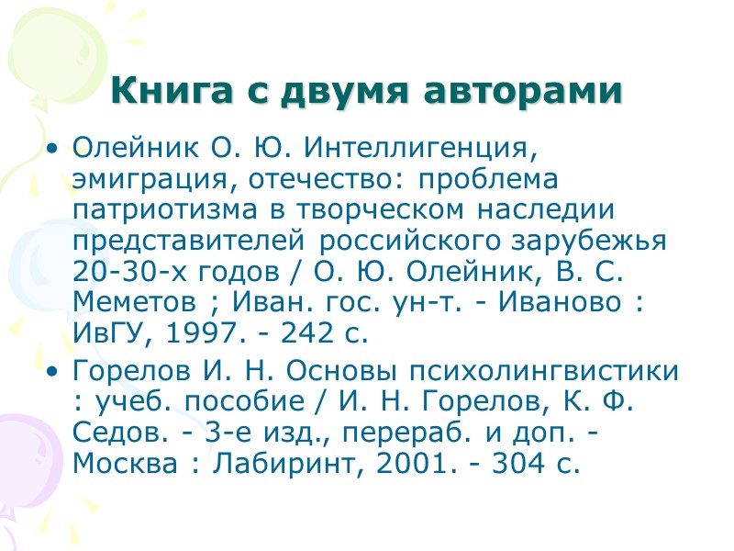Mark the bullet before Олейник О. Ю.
point(55,147)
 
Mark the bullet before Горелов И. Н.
point(55,371)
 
